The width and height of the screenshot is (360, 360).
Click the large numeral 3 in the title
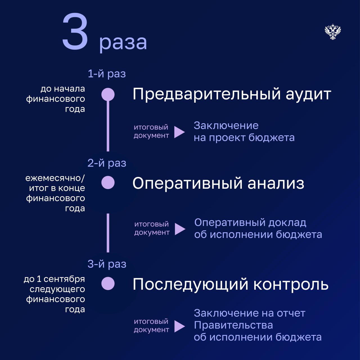pos(75,31)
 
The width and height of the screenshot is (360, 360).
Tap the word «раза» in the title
pos(123,43)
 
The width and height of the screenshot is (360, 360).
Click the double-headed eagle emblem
pos(333,31)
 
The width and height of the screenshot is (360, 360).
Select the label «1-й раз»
pos(107,73)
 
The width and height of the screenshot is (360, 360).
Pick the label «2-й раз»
pos(107,163)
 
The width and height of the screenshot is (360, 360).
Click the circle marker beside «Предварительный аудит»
pos(108,94)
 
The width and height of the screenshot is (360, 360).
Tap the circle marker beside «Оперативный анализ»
pos(108,182)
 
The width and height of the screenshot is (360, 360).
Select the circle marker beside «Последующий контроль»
pos(108,283)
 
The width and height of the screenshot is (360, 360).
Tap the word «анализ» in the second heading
pos(276,183)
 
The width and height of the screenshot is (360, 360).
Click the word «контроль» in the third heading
pos(291,284)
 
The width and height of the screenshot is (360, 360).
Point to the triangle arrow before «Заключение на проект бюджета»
pos(179,132)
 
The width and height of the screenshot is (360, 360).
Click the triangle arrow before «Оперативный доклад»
pos(180,229)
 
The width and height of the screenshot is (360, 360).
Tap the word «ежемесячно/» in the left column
pos(55,178)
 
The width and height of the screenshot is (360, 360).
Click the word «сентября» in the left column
pos(64,279)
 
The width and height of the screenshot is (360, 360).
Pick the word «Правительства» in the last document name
pos(233,325)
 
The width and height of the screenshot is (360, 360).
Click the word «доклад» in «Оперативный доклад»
pos(287,223)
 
